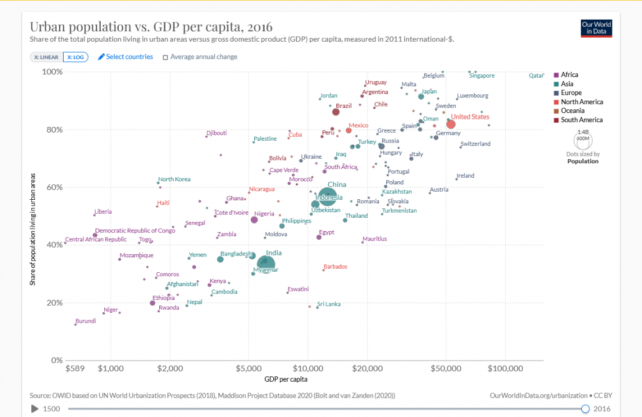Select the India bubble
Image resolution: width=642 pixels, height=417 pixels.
coord(265,264)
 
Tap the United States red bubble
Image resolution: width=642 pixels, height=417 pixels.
coord(451,125)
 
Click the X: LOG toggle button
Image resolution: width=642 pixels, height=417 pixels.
coord(76,57)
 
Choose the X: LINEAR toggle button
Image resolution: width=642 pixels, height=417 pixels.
coord(46,57)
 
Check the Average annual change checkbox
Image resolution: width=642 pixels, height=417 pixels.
coord(166,57)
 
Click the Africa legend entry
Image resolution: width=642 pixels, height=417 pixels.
coord(569,75)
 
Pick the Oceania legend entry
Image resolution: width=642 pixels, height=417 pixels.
coord(572,111)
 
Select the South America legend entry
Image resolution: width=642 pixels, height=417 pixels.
coord(581,120)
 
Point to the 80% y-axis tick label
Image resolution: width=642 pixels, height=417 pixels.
coord(53,130)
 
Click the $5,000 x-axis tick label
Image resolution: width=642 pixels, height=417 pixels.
coord(248,368)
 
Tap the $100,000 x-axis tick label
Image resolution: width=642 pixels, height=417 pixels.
coord(505,368)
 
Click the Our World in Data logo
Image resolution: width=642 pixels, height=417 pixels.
coord(596,28)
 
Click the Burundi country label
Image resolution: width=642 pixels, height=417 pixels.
coord(86,321)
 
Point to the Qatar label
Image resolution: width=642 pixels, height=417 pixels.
coord(536,76)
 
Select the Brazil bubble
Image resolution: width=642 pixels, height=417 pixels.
coord(336,112)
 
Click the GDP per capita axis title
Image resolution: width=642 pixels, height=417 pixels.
coord(286,379)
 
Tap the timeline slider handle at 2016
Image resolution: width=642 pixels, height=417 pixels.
coord(585,409)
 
